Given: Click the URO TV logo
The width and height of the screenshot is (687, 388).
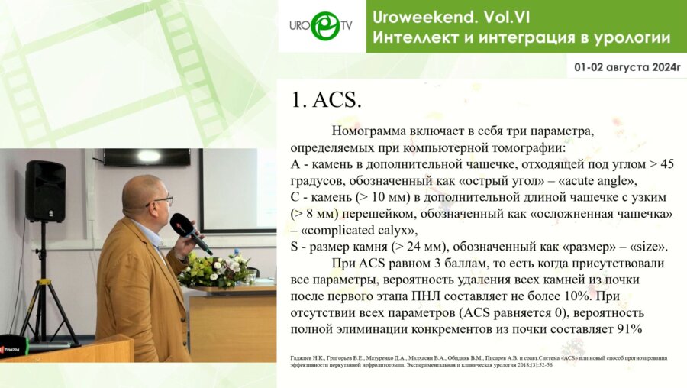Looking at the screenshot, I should tap(321, 26).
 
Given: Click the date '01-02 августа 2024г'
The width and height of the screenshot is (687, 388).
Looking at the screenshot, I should tap(626, 68).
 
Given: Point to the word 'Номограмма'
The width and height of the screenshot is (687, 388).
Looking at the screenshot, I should tap(367, 131).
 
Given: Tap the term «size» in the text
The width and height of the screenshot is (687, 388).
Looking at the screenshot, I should tap(645, 246).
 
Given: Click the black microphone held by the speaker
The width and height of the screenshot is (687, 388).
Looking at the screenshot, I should tap(190, 233).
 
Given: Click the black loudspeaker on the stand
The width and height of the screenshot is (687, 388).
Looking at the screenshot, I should tap(45, 191).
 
